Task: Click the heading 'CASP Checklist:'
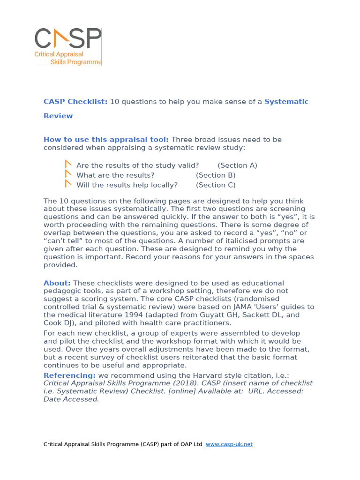(x=75, y=102)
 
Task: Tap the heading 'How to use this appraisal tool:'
(x=106, y=140)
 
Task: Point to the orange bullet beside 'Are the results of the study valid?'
(x=68, y=165)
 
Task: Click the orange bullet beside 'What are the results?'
(x=68, y=174)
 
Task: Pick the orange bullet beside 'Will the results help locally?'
(x=68, y=184)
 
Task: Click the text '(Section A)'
(x=237, y=165)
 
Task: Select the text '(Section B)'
(x=216, y=175)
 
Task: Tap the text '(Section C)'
(x=216, y=185)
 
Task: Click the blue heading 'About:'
(x=57, y=283)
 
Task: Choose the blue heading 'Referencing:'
(x=69, y=375)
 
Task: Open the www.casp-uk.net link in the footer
(x=229, y=444)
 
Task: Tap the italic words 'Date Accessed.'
(x=71, y=399)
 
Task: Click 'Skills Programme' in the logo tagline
(x=75, y=62)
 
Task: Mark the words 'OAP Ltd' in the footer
(x=190, y=444)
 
